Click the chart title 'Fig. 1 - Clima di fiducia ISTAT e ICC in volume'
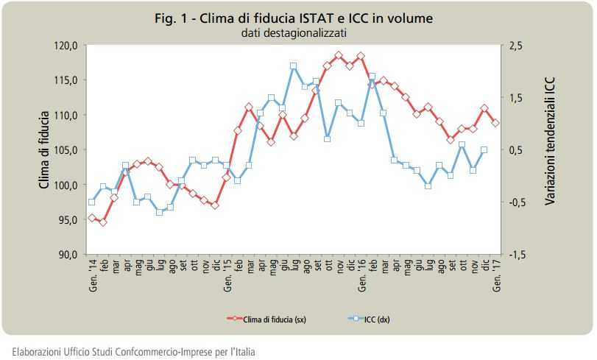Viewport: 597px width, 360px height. [x=294, y=18]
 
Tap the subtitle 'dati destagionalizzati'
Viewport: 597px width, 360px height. [x=294, y=32]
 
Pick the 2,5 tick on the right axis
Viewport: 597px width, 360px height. [x=515, y=46]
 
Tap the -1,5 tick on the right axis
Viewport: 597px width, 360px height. [x=517, y=255]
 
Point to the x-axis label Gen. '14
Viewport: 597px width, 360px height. [x=92, y=276]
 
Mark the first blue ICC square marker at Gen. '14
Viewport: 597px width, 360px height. [x=92, y=202]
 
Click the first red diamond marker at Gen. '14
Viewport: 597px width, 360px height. [x=92, y=218]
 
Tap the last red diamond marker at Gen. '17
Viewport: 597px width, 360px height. [x=495, y=123]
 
